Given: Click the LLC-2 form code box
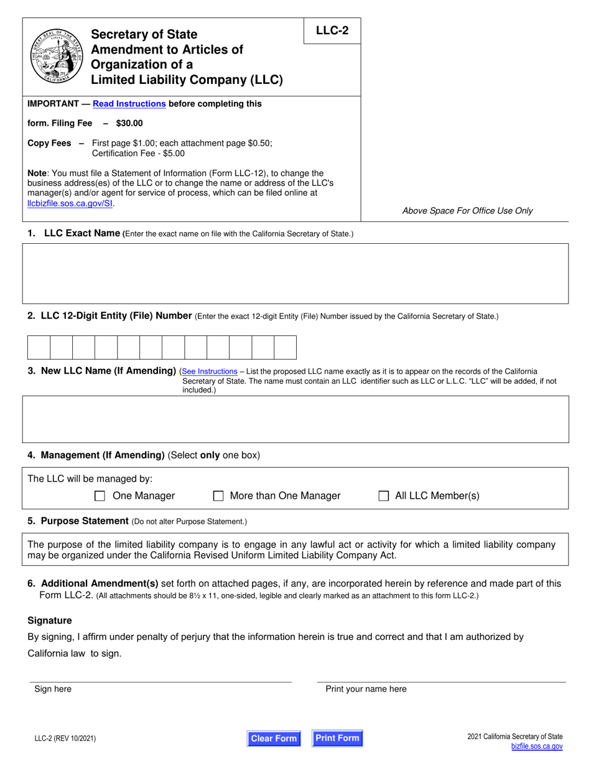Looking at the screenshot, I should [x=332, y=30].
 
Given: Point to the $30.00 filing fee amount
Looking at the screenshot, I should [x=129, y=123].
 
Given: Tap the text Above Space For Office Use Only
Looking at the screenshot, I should [x=467, y=210].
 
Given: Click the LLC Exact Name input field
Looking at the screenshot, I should [x=295, y=273].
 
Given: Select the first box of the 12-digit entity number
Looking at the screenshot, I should [x=39, y=347].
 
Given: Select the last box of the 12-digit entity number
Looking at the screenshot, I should [x=285, y=347].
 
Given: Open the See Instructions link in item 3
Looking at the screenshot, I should [x=209, y=371].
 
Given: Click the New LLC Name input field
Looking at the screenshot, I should [x=295, y=419].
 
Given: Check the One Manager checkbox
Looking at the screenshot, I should [x=100, y=496].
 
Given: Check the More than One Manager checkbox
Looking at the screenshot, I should [x=218, y=496].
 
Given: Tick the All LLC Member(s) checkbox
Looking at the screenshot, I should [x=384, y=496].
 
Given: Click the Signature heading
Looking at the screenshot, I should [x=50, y=620].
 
